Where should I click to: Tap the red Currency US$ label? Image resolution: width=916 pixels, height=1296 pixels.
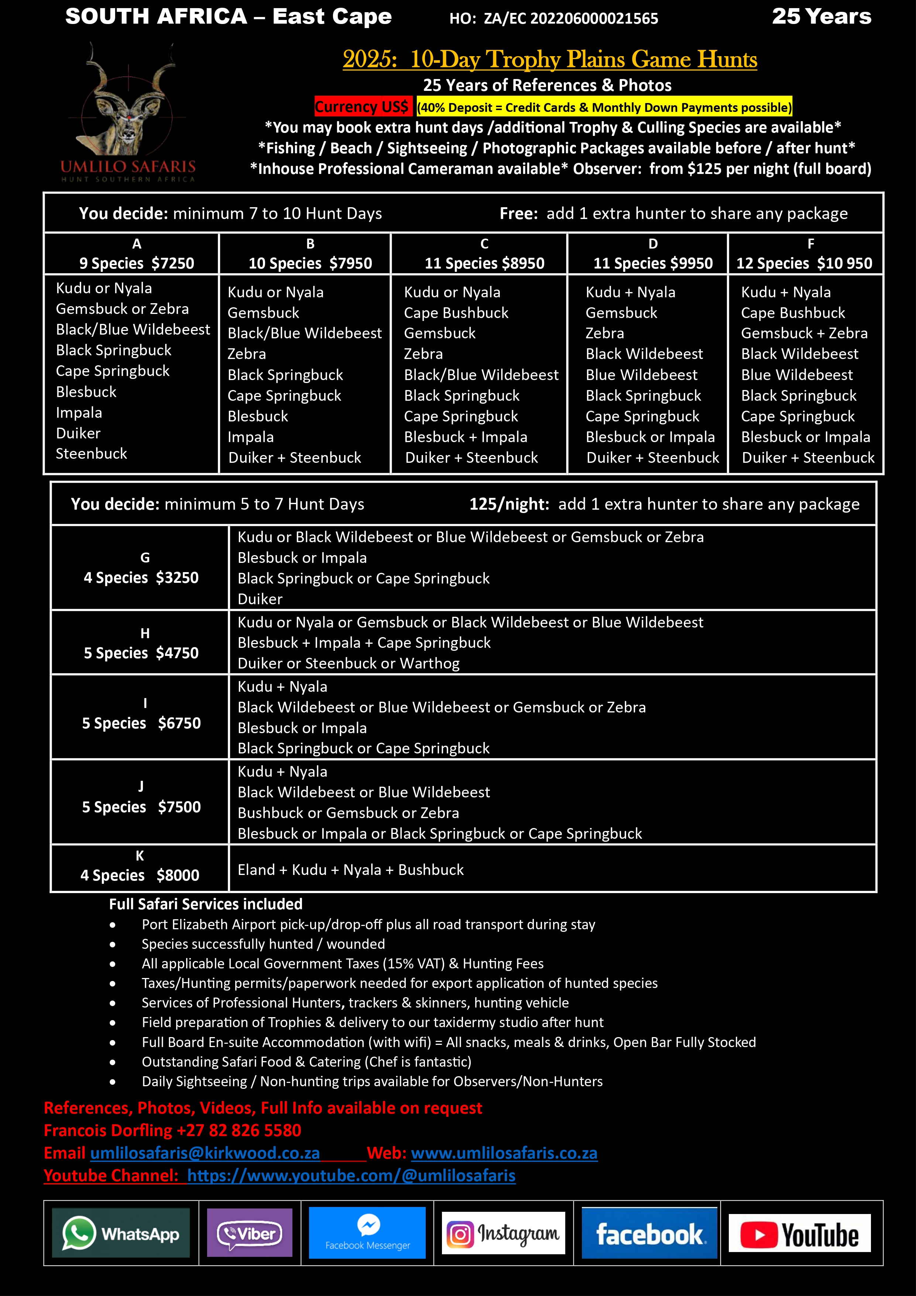click(362, 107)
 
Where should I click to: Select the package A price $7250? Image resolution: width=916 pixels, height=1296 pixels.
click(174, 264)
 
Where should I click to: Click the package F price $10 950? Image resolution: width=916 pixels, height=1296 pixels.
click(845, 264)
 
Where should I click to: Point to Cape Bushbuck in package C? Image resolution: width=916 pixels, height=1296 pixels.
click(456, 313)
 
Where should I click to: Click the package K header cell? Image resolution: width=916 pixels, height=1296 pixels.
click(140, 866)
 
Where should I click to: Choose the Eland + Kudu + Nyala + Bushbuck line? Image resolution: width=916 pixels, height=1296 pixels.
click(350, 870)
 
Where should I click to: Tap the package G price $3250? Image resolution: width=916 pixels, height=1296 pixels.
click(177, 578)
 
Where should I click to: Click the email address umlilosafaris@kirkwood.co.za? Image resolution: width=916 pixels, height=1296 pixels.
click(205, 1153)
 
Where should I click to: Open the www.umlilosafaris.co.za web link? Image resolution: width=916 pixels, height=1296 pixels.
click(504, 1153)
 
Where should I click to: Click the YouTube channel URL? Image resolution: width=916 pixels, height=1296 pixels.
click(351, 1175)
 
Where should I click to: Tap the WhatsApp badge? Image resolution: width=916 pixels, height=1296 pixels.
click(121, 1233)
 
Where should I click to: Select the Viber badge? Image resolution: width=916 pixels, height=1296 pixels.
click(250, 1233)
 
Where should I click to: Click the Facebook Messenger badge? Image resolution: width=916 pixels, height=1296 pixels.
click(367, 1233)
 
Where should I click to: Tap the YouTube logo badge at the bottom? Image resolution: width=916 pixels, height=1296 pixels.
click(799, 1233)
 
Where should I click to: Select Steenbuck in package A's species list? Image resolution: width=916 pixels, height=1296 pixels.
click(92, 454)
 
